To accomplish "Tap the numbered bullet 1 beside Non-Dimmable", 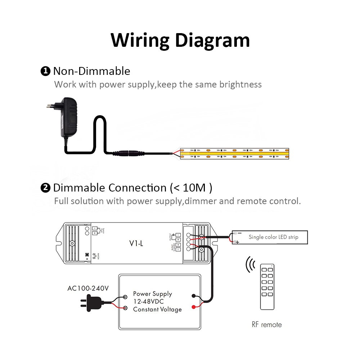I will tap(45, 71).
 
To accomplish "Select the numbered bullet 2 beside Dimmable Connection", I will tap(45, 188).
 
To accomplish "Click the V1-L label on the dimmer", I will tap(136, 244).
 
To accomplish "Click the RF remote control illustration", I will tap(267, 287).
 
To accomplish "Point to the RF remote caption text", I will tap(266, 325).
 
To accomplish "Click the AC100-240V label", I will tap(88, 289).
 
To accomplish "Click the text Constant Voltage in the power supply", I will tap(157, 309).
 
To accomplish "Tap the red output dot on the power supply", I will tap(194, 307).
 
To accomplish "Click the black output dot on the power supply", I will tap(194, 296).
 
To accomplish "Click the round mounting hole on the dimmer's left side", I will tap(72, 243).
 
